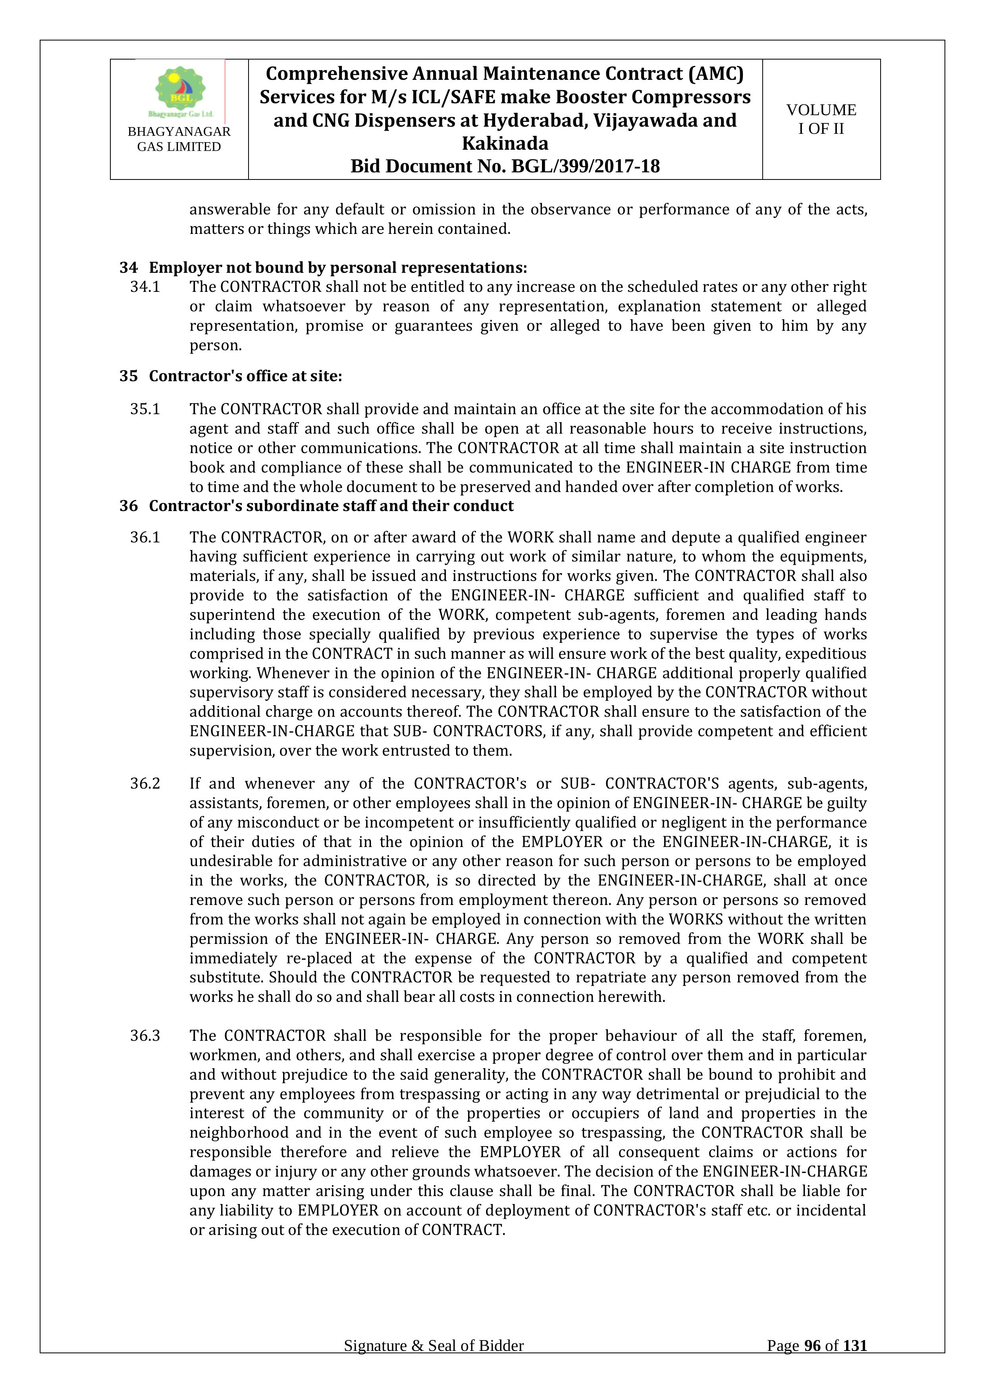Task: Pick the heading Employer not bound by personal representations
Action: point(338,268)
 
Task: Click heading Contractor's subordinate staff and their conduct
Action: point(331,506)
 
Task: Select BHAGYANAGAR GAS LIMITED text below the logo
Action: point(179,139)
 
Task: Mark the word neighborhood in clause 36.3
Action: point(238,1133)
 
